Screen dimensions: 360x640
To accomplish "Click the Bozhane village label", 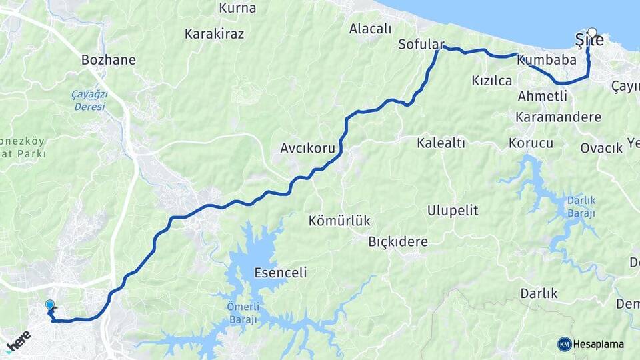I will pos(108,60).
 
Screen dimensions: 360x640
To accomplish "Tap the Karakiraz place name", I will pos(214,33).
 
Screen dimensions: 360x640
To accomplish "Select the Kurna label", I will pos(237,9).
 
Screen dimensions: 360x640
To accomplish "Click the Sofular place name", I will pos(421,45).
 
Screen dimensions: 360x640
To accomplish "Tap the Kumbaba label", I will pos(546,60).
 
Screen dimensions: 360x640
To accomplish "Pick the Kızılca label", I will pos(491,81).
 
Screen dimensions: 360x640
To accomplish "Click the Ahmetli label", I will pos(542,96).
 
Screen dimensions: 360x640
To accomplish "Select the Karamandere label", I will pos(558,117).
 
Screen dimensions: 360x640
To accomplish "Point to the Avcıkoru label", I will pos(307,148).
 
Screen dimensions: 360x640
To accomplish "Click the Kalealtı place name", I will pos(441,143).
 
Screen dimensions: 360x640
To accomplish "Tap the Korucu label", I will pos(531,143).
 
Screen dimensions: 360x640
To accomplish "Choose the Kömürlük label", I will pos(339,220).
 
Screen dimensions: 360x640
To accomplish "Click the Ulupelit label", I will pos(453,211).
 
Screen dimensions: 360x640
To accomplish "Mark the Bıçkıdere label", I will pos(397,241).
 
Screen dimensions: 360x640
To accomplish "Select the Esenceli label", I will pos(281,273).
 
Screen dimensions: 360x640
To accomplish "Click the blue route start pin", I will pos(50,306).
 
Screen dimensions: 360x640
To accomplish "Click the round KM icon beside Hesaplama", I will pos(565,344).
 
